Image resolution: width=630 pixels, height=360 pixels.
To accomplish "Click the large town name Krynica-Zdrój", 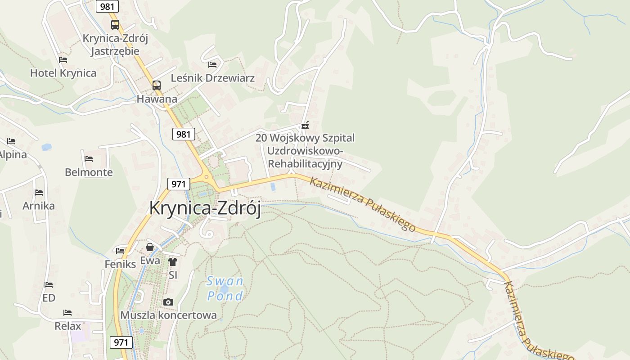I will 205,208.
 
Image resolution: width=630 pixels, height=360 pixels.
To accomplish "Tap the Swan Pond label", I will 225,288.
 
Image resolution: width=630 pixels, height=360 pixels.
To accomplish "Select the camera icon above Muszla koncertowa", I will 168,302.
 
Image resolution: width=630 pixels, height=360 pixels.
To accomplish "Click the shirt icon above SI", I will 173,261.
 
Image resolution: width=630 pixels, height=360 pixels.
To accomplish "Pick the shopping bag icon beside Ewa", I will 150,247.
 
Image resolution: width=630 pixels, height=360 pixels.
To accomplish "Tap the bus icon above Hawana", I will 157,85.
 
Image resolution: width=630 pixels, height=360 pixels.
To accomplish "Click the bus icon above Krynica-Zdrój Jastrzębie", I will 115,24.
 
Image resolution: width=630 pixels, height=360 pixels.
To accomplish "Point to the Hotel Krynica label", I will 63,73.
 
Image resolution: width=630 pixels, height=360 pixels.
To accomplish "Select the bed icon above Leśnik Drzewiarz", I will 212,65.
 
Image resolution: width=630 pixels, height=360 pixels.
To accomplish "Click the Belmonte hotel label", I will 89,172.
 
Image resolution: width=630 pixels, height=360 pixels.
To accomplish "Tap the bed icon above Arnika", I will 39,193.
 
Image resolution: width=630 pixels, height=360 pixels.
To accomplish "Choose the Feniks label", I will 120,264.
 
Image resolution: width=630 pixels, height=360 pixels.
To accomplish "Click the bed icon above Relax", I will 67,312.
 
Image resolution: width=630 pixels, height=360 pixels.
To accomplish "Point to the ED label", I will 49,298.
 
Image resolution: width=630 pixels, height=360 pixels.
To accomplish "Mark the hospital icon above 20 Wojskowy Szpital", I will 305,125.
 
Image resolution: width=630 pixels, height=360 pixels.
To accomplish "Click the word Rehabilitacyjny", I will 305,163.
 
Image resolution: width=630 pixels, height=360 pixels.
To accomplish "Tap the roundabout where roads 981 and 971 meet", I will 207,177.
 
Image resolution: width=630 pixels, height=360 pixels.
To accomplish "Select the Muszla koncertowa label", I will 168,315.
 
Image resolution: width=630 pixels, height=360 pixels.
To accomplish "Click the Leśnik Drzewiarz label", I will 212,78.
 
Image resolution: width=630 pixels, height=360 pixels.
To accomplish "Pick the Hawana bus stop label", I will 157,99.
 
